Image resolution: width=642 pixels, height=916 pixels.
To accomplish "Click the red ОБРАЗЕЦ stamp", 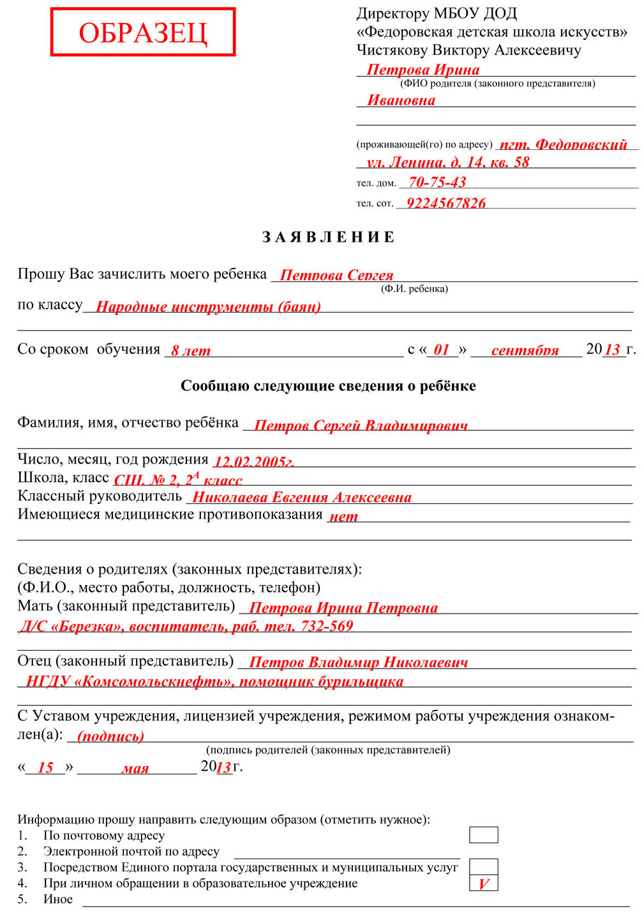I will (143, 32).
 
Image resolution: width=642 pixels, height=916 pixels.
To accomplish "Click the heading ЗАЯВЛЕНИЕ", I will (329, 237).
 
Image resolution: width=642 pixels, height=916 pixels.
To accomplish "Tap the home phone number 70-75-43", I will (437, 182).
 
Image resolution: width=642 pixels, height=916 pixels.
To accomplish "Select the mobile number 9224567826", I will (446, 203).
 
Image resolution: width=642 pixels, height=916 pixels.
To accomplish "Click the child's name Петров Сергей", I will (336, 276).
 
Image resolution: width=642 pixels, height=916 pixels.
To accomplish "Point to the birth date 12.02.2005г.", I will (254, 462).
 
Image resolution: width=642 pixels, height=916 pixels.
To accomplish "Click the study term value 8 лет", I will (191, 351).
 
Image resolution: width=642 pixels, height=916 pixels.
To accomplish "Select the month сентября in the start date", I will (525, 351).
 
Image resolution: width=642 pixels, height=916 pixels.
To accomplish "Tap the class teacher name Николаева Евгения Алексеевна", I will (302, 498).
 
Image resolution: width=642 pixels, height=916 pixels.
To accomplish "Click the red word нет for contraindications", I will (343, 517).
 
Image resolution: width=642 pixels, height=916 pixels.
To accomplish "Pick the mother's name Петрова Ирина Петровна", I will (343, 608).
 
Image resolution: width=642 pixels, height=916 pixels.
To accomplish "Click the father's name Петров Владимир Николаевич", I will (358, 663).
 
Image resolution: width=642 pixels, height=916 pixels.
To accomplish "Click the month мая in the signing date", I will (135, 769).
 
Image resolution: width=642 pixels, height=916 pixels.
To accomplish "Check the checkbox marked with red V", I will (484, 883).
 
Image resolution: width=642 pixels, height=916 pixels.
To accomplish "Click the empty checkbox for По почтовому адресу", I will (484, 835).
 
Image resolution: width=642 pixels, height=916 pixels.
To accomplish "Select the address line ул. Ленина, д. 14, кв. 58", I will (448, 163).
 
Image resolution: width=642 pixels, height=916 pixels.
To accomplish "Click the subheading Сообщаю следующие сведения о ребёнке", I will (328, 386).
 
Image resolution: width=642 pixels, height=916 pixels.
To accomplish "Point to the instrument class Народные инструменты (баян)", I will (208, 307).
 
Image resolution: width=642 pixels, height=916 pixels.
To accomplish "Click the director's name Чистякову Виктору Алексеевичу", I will (469, 50).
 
